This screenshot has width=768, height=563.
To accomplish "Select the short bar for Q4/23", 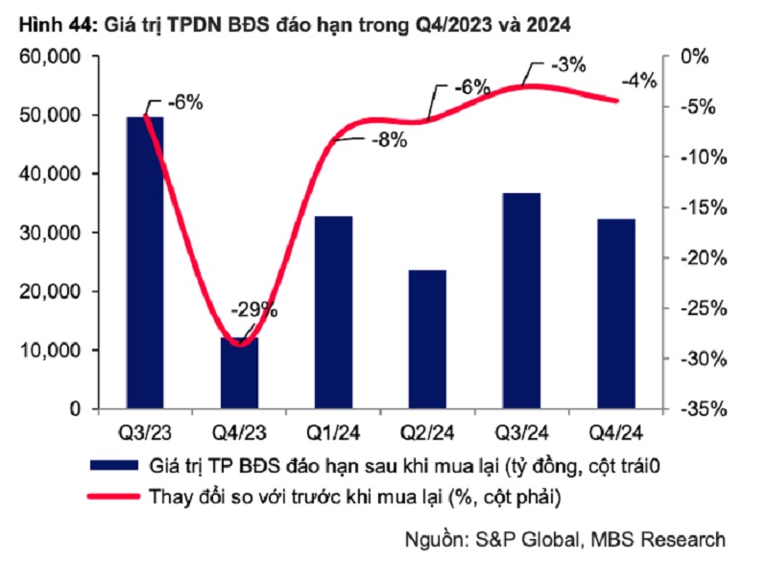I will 239,375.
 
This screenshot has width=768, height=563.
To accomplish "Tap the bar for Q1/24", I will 333,313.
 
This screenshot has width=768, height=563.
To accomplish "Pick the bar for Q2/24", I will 427,340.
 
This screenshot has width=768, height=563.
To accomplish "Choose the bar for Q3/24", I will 522,302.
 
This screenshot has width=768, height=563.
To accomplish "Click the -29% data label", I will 253,309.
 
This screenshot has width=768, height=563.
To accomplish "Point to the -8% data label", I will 387,139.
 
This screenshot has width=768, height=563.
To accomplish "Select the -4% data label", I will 638,81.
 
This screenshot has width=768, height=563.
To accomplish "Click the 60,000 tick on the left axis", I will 49,57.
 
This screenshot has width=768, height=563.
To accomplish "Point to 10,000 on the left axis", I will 49,351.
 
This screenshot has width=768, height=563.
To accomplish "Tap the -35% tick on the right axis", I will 700,409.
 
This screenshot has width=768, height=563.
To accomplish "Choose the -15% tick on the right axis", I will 700,208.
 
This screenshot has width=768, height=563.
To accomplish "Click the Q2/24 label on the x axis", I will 427,429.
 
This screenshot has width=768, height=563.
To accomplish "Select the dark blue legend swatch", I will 112,466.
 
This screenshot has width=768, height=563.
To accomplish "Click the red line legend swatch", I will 112,497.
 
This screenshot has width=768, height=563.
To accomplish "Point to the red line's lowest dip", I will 240,345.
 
